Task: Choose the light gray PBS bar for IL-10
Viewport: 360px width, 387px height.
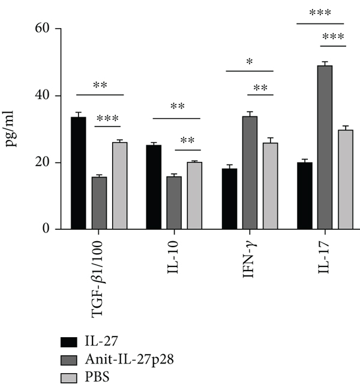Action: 194,196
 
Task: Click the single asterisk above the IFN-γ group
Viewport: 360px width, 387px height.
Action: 249,62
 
